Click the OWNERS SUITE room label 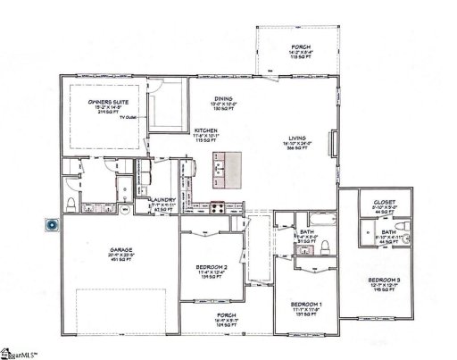coord(104,104)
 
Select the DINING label coord(224,99)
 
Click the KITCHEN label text coord(207,131)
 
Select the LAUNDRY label coord(162,201)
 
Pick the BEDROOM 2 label coord(212,266)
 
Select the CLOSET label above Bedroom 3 coord(385,201)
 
